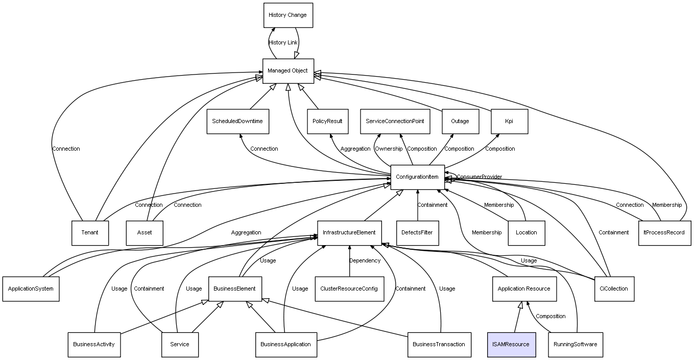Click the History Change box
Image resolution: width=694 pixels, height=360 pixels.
288,15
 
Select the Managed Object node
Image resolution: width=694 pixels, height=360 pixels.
288,71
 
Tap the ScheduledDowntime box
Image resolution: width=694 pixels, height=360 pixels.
237,122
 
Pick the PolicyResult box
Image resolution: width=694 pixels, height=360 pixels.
327,122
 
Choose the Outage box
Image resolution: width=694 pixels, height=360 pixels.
460,122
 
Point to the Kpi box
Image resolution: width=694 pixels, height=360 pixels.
509,122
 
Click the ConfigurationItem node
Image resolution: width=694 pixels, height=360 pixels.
417,177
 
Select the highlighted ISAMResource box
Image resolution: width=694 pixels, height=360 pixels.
511,344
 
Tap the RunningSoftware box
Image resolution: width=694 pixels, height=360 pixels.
575,344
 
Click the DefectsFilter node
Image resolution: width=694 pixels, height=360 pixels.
417,233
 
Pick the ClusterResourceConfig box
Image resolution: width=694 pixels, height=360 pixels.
349,289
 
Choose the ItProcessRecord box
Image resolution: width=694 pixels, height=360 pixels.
664,233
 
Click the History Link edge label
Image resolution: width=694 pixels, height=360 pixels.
283,43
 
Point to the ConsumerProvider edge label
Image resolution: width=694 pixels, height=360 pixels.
479,177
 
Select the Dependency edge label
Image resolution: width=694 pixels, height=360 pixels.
365,261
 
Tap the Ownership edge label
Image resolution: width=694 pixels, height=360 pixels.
388,149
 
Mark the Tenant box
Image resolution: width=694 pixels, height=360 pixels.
89,233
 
